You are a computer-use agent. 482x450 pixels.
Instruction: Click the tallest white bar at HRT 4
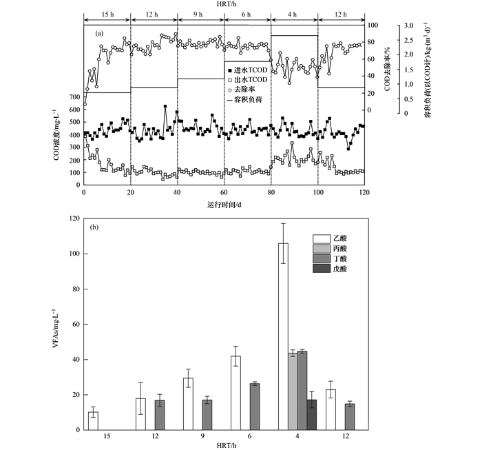pos(283,338)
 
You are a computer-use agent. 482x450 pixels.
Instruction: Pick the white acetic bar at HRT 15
pos(93,421)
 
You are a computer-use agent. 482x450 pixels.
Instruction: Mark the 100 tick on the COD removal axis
pos(372,25)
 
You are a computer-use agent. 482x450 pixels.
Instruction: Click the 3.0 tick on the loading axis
pos(408,25)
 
